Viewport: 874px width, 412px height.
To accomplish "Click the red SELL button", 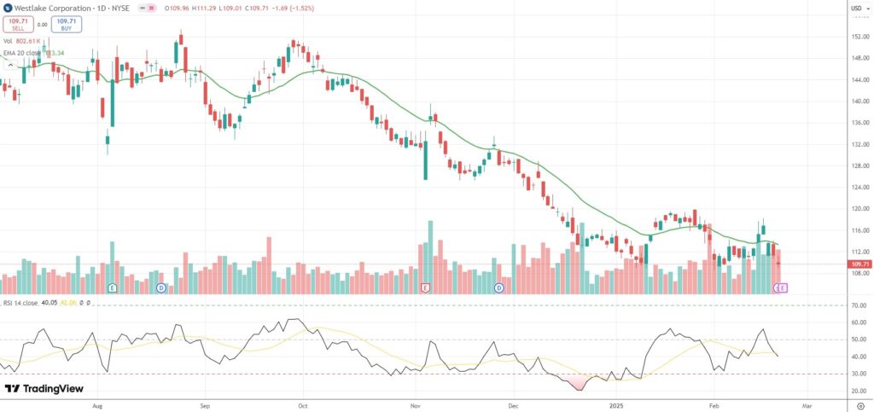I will [17, 25].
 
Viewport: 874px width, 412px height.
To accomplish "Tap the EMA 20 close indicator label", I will [26, 52].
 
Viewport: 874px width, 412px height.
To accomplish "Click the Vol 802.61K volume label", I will [23, 40].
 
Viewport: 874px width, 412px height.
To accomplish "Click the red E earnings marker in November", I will [425, 288].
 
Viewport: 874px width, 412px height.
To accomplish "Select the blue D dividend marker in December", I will [498, 288].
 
